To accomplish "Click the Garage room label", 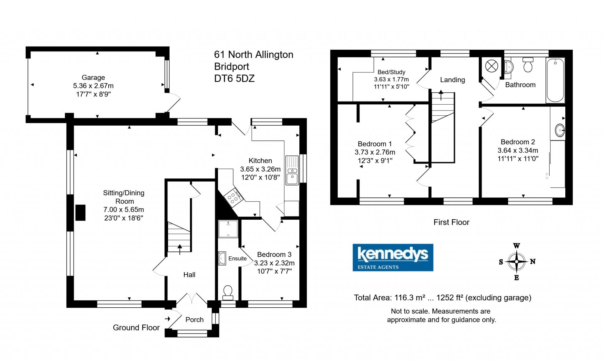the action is tap(93, 77).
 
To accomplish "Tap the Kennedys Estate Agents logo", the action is tap(393, 257).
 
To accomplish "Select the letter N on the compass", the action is tap(533, 261).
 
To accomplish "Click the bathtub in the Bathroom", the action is tap(555, 80).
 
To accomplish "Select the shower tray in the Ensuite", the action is tap(228, 228).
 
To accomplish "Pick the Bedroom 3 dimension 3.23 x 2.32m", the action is tap(274, 263).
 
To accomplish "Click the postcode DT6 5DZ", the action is tap(234, 78).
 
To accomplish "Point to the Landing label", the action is tap(452, 80).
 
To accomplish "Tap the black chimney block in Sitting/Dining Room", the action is tap(80, 213).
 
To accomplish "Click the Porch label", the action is tap(194, 320).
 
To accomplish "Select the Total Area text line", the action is tap(443, 298).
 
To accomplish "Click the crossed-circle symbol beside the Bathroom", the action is tap(492, 66).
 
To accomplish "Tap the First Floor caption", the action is tap(451, 222).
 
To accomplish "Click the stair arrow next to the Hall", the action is tap(180, 249).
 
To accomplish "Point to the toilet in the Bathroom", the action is tap(528, 65).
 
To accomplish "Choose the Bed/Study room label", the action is tap(391, 72).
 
